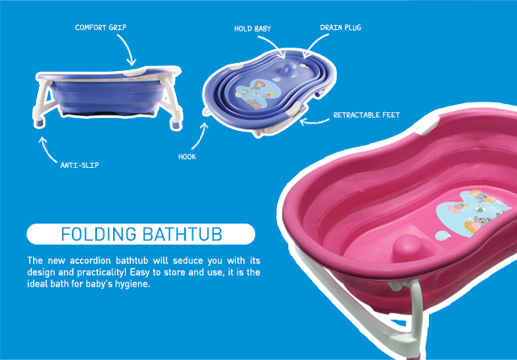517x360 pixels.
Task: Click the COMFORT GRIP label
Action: coord(100,27)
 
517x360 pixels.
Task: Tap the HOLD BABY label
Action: coord(253,29)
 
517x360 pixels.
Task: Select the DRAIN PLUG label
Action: coord(341,27)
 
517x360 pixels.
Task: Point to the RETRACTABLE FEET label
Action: coord(366,115)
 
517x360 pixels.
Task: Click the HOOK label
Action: coord(187,157)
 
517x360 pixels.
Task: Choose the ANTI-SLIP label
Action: coord(79,165)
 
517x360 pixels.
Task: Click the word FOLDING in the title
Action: coord(99,234)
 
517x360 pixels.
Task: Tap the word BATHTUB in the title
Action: coord(183,234)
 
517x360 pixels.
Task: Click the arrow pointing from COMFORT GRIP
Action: coord(128,48)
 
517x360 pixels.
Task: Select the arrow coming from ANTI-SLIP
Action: coord(45,151)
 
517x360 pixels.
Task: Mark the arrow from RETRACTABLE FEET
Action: coord(313,122)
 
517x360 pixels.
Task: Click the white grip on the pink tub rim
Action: coord(427,125)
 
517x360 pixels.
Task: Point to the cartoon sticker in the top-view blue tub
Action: coord(255,94)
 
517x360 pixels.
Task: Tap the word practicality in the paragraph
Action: coord(102,273)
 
